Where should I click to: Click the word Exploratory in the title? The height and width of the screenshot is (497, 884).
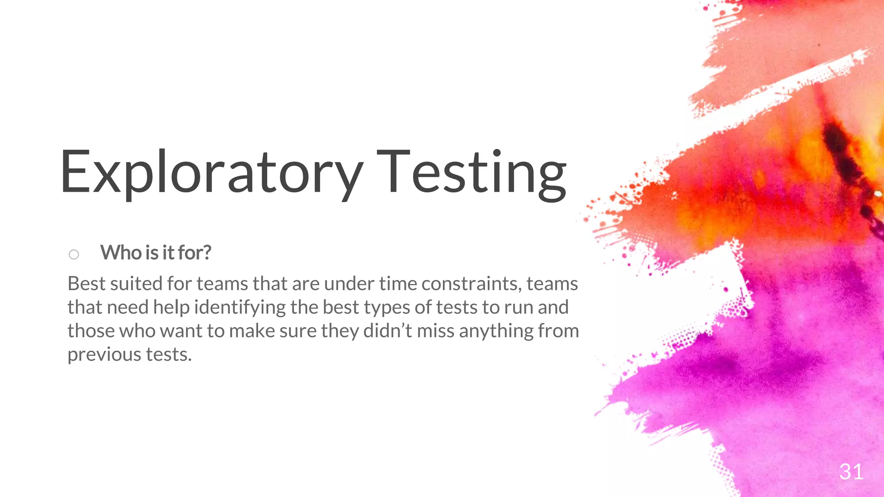pyautogui.click(x=212, y=173)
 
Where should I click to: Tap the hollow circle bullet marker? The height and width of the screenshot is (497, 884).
pyautogui.click(x=74, y=254)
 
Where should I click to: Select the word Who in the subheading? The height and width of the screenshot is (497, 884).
pyautogui.click(x=120, y=253)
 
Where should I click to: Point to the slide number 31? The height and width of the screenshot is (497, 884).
pyautogui.click(x=851, y=472)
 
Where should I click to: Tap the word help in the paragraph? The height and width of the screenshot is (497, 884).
pyautogui.click(x=171, y=308)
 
